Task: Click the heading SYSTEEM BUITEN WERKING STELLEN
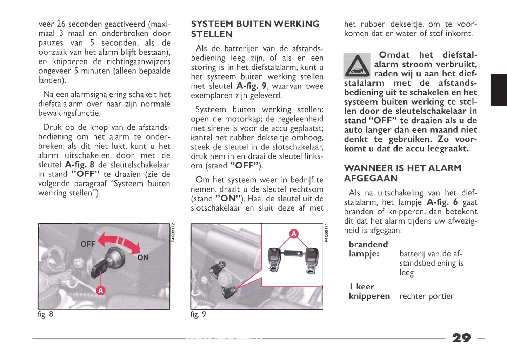[x=255, y=29]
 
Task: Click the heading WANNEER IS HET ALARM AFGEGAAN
[x=402, y=173]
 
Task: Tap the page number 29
[x=461, y=338]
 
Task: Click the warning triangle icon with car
[x=357, y=66]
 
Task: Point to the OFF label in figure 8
[x=88, y=244]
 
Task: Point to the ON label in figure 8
[x=143, y=258]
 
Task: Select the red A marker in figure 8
[x=101, y=291]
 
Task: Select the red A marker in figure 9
[x=293, y=233]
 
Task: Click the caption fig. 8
[x=46, y=314]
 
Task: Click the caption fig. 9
[x=198, y=314]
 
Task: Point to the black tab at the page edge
[x=499, y=90]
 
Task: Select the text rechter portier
[x=426, y=296]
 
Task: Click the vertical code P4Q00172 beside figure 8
[x=173, y=233]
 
